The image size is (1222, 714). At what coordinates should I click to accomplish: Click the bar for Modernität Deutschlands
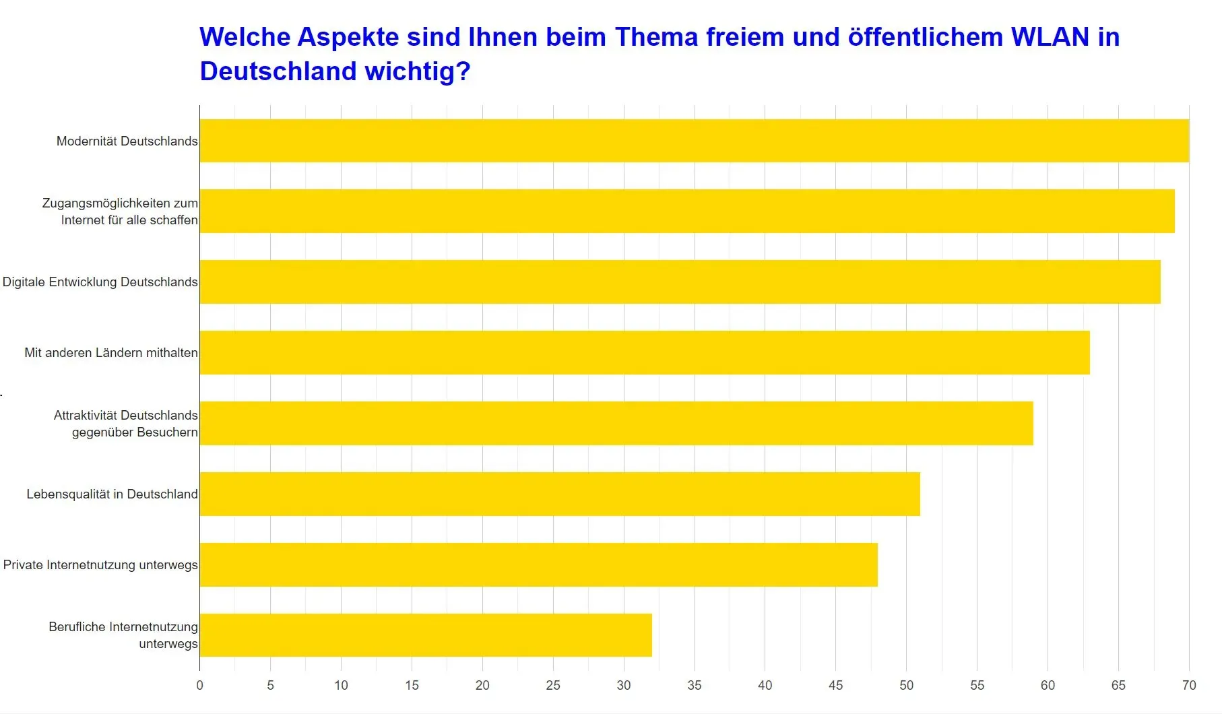pyautogui.click(x=694, y=141)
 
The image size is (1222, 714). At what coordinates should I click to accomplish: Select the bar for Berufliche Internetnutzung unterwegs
pyautogui.click(x=426, y=635)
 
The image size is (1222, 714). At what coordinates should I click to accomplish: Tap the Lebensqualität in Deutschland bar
pyautogui.click(x=559, y=494)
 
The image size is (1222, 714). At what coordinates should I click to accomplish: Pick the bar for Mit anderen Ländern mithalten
pyautogui.click(x=644, y=352)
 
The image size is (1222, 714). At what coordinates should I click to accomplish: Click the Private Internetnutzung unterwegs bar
pyautogui.click(x=538, y=564)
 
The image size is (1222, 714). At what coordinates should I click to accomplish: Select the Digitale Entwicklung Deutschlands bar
pyautogui.click(x=680, y=282)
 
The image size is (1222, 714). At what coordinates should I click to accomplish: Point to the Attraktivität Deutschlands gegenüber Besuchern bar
pyautogui.click(x=616, y=423)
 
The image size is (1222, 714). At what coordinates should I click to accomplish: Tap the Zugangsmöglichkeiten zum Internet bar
pyautogui.click(x=686, y=211)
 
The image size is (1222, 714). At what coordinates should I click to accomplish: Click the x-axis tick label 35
pyautogui.click(x=694, y=685)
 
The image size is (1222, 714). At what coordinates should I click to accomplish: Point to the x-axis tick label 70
pyautogui.click(x=1188, y=685)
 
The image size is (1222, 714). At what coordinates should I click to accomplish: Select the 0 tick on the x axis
pyautogui.click(x=199, y=685)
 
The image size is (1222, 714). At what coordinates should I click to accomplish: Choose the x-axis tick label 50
pyautogui.click(x=906, y=685)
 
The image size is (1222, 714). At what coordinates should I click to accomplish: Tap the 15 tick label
pyautogui.click(x=412, y=685)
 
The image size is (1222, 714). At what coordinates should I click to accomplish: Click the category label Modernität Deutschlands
pyautogui.click(x=127, y=141)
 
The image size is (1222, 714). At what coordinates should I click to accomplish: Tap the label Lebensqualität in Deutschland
pyautogui.click(x=112, y=494)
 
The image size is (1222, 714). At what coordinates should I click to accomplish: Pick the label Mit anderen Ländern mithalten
pyautogui.click(x=111, y=352)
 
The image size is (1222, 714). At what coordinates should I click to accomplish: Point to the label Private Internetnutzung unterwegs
pyautogui.click(x=100, y=564)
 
